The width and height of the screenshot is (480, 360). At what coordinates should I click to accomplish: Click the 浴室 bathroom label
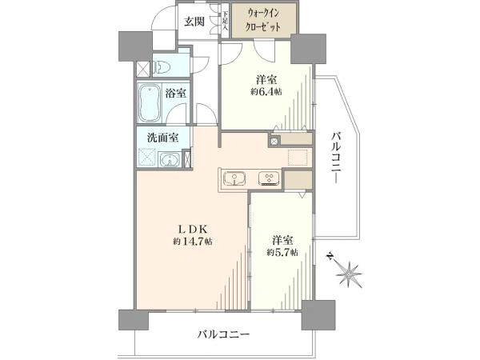(x=176, y=94)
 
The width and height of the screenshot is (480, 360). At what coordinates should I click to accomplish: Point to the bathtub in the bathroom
(x=149, y=102)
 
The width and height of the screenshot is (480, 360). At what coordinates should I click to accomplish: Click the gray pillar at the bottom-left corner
(x=130, y=319)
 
